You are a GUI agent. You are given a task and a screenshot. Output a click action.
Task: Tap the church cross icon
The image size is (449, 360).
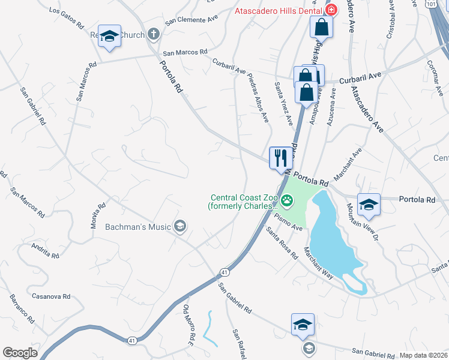pos(154,35)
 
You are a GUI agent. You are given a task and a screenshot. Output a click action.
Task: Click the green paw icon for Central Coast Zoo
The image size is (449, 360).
pos(288,200)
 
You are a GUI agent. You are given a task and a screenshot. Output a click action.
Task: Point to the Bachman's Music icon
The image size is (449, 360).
pos(179,226)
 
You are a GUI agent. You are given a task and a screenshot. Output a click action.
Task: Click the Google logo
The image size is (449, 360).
pos(20,353)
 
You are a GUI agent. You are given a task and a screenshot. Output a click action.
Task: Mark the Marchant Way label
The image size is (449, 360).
pos(318,263)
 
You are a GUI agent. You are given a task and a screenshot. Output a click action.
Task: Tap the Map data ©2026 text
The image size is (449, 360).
pos(423,355)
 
